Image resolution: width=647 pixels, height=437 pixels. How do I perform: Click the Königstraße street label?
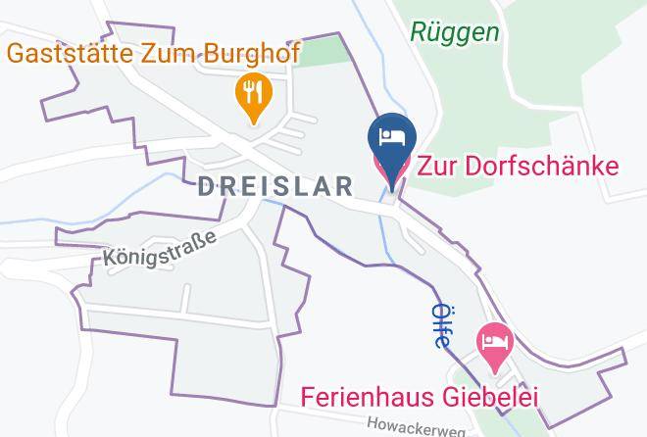click(159, 247)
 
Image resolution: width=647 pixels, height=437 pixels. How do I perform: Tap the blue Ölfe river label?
click(440, 325)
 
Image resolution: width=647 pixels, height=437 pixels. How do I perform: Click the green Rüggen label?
click(454, 32)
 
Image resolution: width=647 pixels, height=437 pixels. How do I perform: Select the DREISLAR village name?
click(275, 186)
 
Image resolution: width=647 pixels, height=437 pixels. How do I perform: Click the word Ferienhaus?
click(362, 397)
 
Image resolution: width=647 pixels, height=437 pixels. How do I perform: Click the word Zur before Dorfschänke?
click(439, 164)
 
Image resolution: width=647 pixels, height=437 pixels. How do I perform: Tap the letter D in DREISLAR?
click(207, 186)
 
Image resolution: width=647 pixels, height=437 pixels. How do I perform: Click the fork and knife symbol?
click(253, 92)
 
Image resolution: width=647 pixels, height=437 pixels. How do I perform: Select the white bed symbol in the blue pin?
click(392, 136)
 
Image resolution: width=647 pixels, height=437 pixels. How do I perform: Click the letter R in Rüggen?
click(418, 32)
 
